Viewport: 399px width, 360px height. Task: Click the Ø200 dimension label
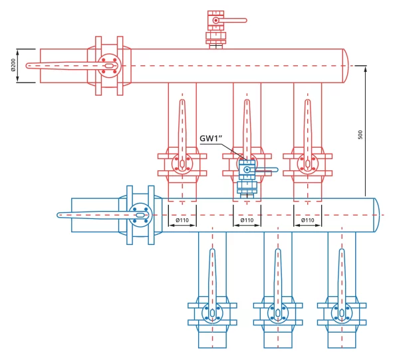pos(12,65)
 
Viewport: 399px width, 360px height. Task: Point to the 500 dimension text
pos(360,134)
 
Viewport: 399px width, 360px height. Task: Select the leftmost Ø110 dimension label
pos(182,220)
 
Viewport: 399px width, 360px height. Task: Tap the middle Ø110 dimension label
pos(246,220)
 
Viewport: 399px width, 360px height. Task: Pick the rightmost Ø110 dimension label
pos(307,220)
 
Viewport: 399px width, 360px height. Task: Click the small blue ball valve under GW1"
pos(246,172)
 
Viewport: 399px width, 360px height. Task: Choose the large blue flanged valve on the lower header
pos(138,214)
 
